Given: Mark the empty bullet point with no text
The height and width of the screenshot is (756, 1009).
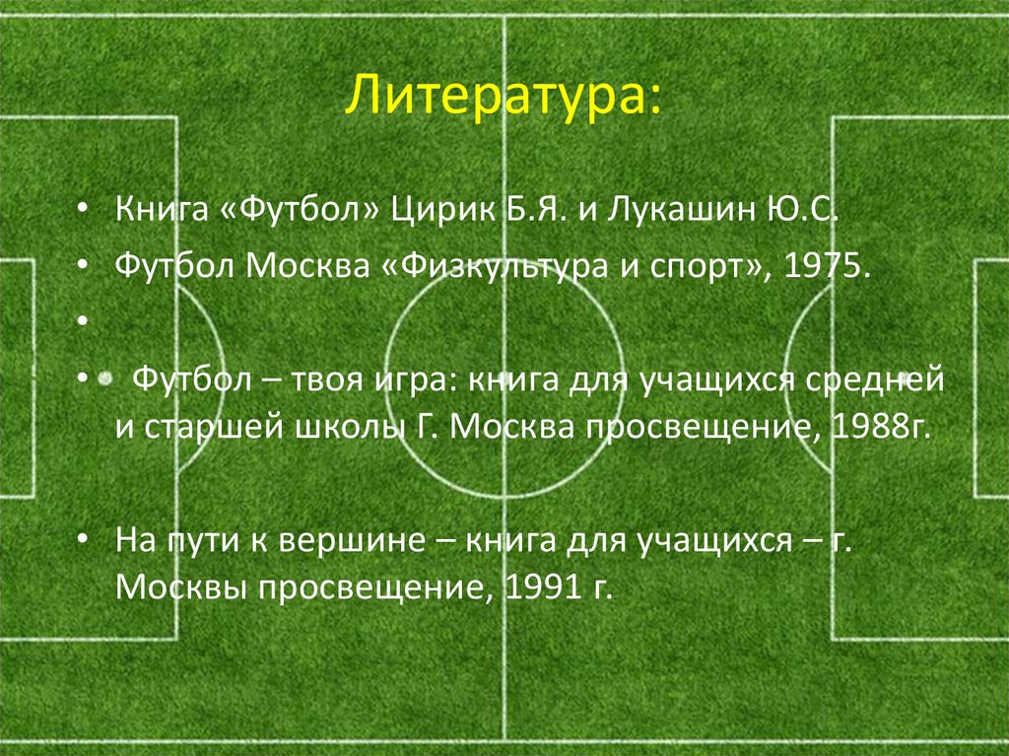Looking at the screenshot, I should (84, 320).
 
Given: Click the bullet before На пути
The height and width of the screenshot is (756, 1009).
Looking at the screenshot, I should (84, 542).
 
